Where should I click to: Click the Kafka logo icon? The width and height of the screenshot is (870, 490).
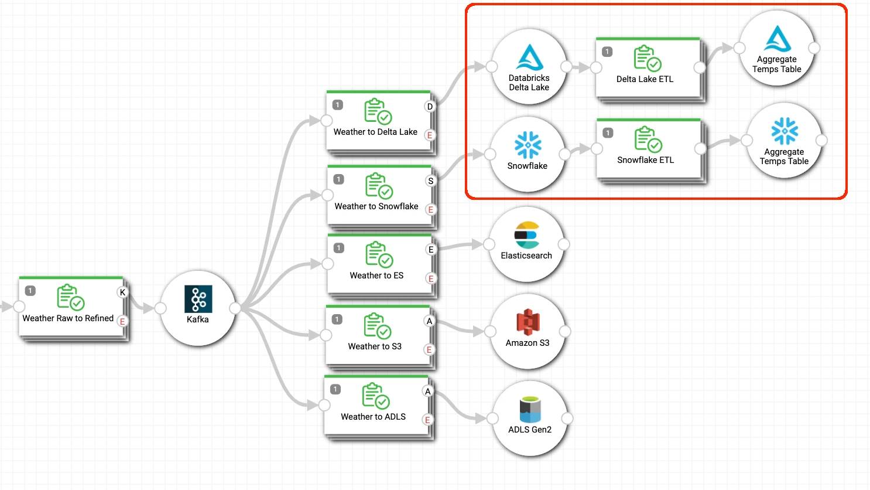(x=198, y=299)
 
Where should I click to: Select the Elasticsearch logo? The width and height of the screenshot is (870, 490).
(x=526, y=235)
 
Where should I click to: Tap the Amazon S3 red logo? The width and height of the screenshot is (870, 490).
(x=528, y=322)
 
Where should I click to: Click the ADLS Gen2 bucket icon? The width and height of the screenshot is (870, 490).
(x=530, y=410)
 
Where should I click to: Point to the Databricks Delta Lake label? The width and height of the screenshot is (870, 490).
(x=529, y=83)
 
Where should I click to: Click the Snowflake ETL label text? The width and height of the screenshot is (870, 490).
(x=645, y=160)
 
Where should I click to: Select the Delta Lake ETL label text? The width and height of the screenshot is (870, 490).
(x=645, y=79)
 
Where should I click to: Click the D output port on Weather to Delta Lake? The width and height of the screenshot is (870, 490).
(x=430, y=107)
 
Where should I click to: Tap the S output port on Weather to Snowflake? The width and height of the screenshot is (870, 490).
(x=430, y=181)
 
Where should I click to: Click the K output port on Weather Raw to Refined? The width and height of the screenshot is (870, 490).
(x=122, y=292)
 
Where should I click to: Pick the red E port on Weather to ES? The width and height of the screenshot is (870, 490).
(x=430, y=279)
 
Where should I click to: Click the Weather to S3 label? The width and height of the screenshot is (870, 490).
(x=375, y=346)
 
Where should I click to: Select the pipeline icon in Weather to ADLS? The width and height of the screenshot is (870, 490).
(x=375, y=396)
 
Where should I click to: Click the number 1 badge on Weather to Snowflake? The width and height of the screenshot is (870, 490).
(x=338, y=179)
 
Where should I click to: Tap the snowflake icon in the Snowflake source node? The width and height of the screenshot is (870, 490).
(x=528, y=145)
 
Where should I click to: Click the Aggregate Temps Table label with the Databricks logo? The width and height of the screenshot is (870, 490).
(x=776, y=64)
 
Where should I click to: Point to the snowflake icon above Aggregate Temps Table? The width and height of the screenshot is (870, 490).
(x=785, y=131)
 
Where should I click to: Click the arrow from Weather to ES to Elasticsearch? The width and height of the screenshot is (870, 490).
(x=463, y=246)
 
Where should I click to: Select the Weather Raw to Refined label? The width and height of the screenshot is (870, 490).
(x=68, y=318)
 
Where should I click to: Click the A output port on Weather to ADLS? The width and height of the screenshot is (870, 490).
(x=428, y=392)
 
